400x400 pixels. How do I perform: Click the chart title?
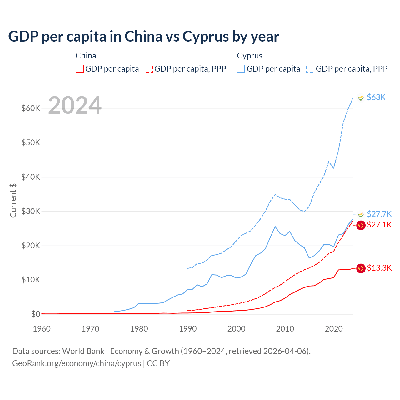click(x=144, y=37)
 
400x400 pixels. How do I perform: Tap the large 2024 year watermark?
click(x=75, y=105)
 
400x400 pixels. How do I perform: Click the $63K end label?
click(x=376, y=97)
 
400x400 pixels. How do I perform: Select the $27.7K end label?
click(x=379, y=214)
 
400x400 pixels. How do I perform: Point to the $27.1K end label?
click(x=379, y=225)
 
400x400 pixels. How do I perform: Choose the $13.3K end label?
click(x=379, y=268)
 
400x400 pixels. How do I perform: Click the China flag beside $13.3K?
click(x=361, y=268)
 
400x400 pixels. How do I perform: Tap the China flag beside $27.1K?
click(x=361, y=225)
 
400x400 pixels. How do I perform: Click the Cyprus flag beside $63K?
click(x=361, y=98)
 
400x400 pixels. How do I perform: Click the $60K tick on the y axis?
click(x=31, y=108)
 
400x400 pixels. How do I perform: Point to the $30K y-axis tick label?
click(x=31, y=211)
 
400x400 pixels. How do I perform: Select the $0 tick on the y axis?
click(x=36, y=314)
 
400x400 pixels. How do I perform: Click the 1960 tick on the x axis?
click(x=42, y=329)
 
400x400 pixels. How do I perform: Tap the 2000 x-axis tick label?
click(x=237, y=329)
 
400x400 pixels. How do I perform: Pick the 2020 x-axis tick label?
click(x=334, y=329)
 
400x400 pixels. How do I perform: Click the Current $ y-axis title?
click(x=13, y=200)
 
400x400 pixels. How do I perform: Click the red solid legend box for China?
click(x=80, y=69)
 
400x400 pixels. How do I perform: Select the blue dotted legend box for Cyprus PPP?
click(x=310, y=69)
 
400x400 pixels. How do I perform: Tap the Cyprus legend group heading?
click(x=249, y=56)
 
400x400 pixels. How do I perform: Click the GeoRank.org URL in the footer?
click(x=77, y=363)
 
